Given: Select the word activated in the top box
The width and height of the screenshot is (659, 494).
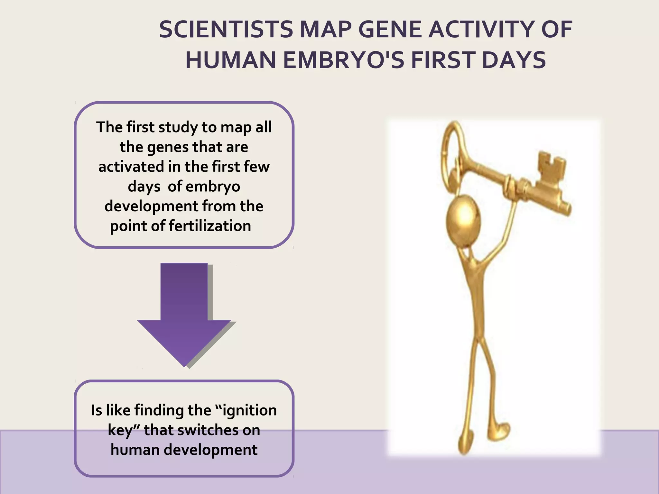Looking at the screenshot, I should pyautogui.click(x=131, y=167).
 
